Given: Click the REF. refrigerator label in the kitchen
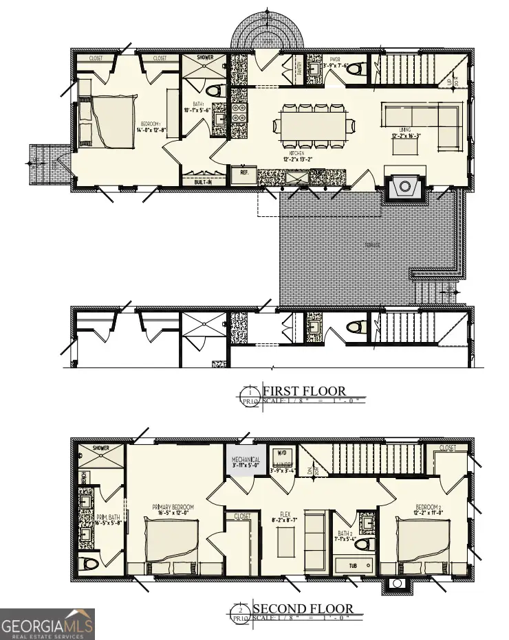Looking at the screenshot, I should (x=244, y=174).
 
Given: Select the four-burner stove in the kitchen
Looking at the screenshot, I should (x=239, y=112).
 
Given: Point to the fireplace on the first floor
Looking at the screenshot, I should (x=406, y=186).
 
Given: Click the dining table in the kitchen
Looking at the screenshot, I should (x=315, y=126).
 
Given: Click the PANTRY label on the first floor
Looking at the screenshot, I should (x=299, y=68).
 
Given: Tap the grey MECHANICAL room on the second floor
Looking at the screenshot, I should (x=246, y=459).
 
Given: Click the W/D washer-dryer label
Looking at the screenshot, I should (x=282, y=454).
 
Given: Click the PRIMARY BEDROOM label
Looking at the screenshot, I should (x=173, y=507).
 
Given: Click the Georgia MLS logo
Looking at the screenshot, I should (x=47, y=624).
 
